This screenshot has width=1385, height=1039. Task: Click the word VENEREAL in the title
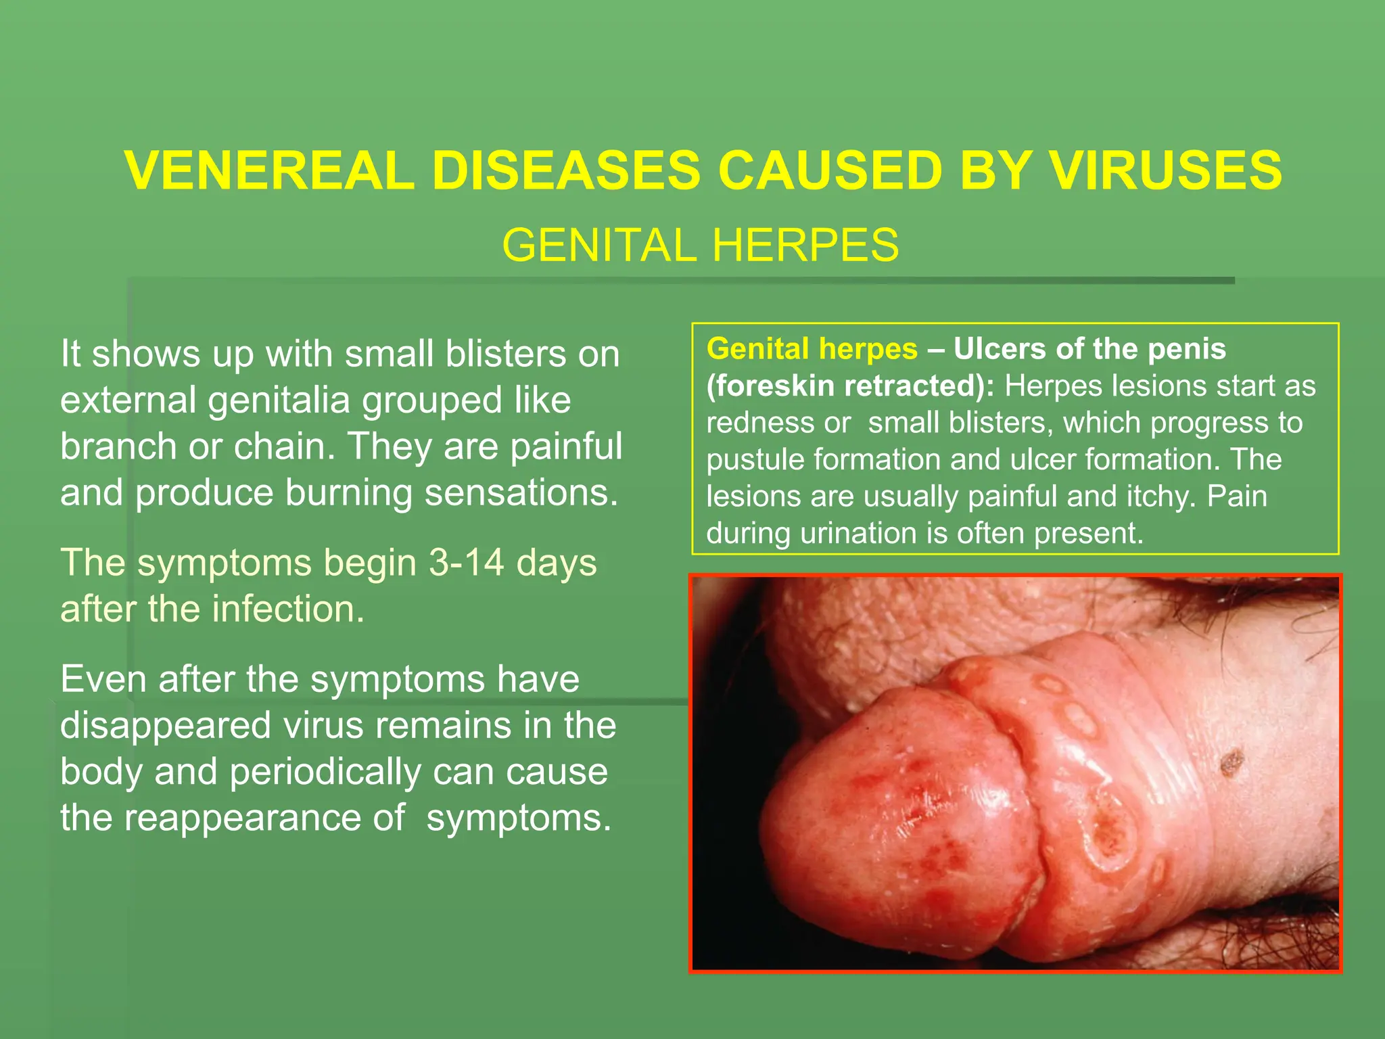coord(269,170)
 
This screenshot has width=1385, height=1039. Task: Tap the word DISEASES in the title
coord(565,170)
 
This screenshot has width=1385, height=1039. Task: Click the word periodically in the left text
coord(325,772)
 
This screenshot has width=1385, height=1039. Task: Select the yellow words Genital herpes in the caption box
coord(812,349)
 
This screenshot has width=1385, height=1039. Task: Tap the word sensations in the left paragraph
coord(521,492)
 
